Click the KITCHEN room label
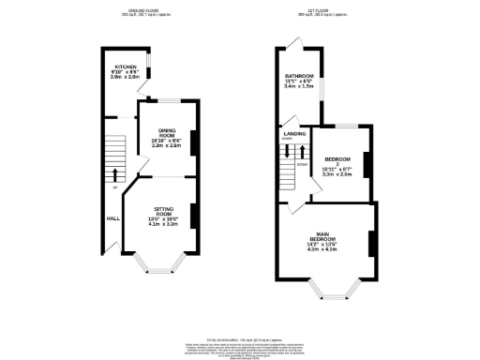click(x=126, y=67)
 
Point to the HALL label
click(x=112, y=217)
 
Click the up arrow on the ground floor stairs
click(x=115, y=174)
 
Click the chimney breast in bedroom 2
click(x=367, y=163)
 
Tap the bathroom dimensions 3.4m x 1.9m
click(x=299, y=85)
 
